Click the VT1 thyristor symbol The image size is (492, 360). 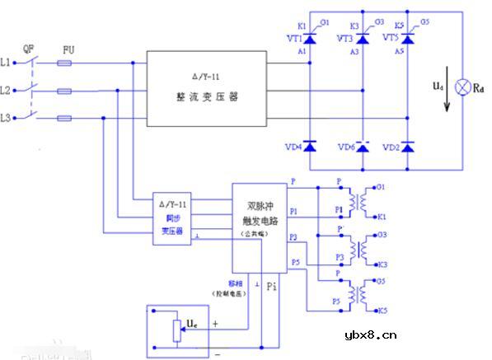(309, 39)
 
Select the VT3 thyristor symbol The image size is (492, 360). (361, 39)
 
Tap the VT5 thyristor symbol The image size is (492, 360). (412, 39)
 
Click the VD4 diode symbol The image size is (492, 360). (309, 147)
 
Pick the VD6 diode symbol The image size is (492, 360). (361, 147)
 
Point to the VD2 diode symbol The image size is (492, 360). (412, 147)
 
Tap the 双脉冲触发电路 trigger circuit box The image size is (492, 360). (260, 227)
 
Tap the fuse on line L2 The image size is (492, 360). (68, 90)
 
